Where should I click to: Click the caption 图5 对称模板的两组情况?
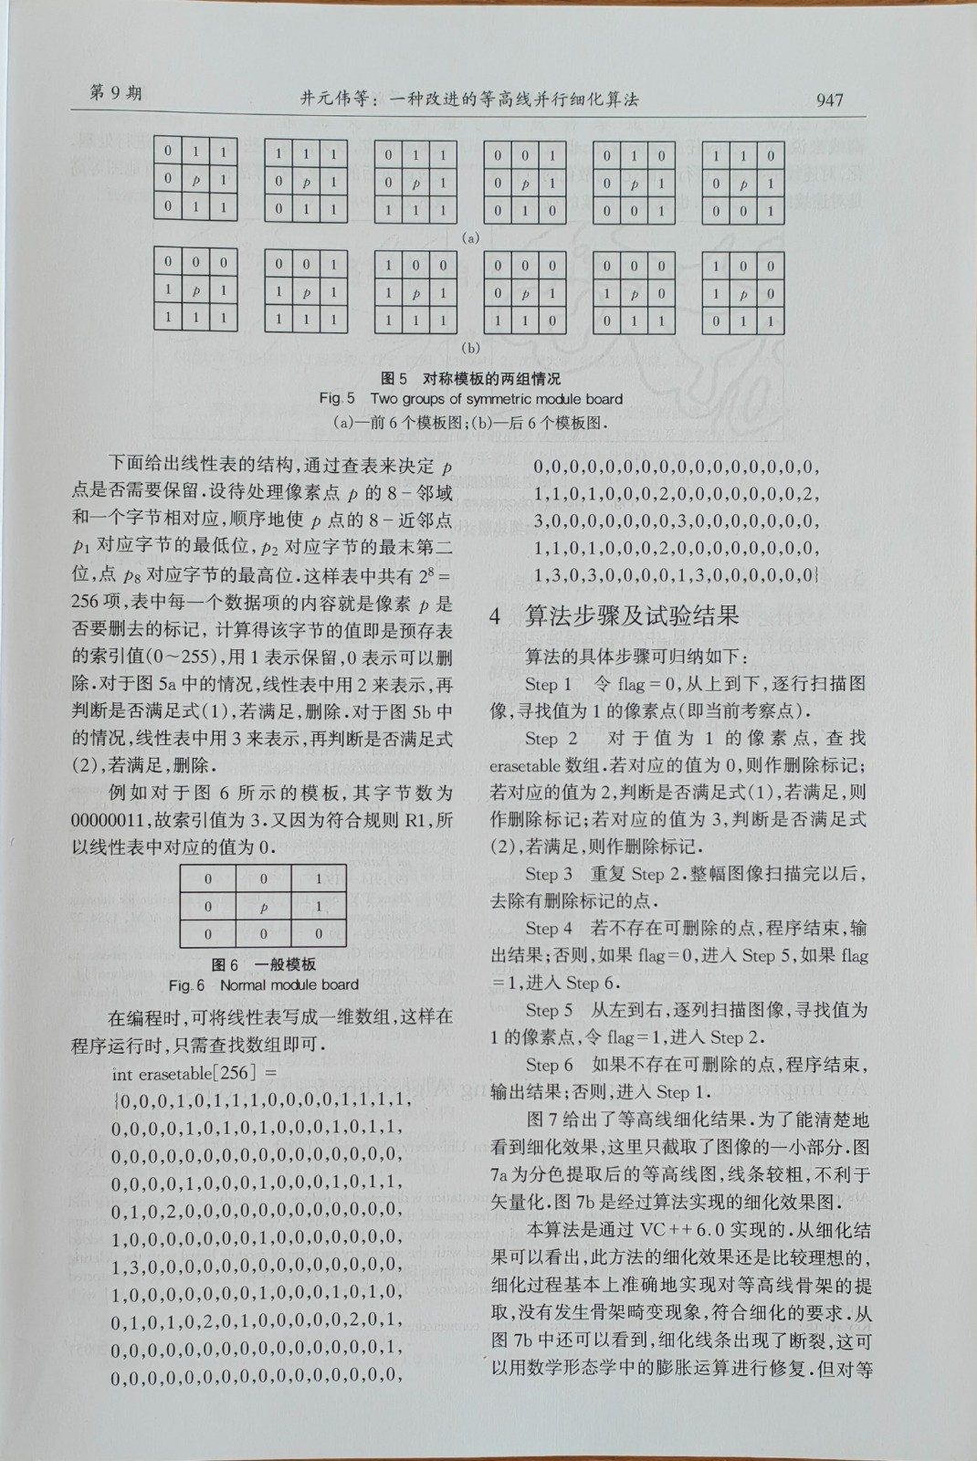[x=470, y=378]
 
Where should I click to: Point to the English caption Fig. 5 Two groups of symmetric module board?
[x=470, y=398]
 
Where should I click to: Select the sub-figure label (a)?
[x=470, y=237]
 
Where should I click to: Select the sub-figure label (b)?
[x=470, y=347]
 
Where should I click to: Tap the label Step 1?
[x=548, y=684]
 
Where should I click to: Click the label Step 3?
[x=549, y=874]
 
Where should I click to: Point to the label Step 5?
[x=549, y=1010]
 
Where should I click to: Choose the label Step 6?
[x=549, y=1065]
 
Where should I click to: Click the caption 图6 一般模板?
[x=264, y=965]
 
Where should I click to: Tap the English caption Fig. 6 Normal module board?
[x=264, y=984]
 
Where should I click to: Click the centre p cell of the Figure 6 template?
[x=264, y=907]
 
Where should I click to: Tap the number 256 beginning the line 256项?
[x=87, y=604]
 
